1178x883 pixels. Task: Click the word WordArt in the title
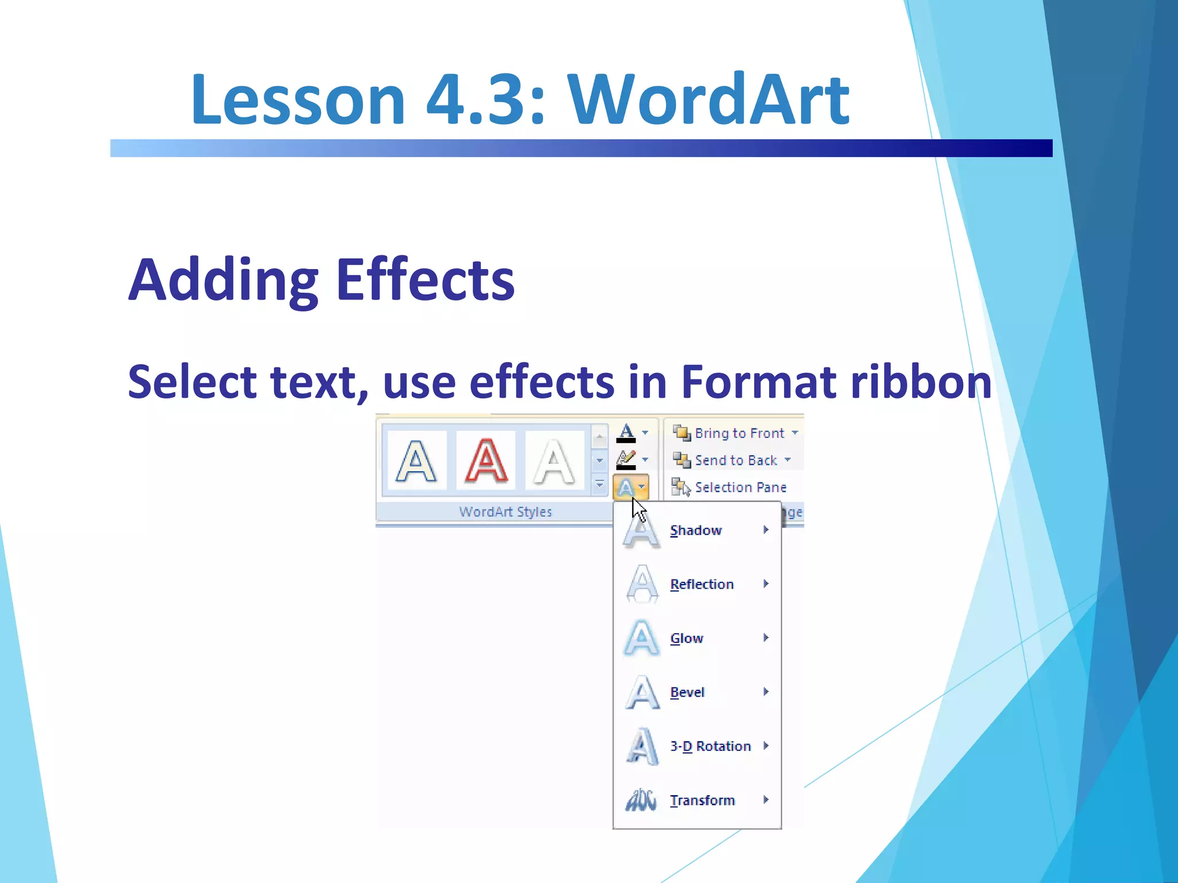tap(708, 100)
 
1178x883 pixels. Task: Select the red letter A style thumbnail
tap(486, 461)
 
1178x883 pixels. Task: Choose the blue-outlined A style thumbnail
tap(416, 461)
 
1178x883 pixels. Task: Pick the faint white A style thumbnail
tap(554, 461)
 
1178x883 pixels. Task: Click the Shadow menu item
tap(695, 531)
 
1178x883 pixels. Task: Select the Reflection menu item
tap(702, 585)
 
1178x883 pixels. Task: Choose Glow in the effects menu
tap(686, 639)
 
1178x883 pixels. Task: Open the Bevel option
tap(687, 693)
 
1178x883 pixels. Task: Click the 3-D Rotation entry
tap(710, 746)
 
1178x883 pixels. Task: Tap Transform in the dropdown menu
tap(702, 800)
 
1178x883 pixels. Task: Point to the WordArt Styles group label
tap(505, 512)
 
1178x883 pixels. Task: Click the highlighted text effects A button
tap(627, 488)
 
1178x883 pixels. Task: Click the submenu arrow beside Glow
tap(766, 638)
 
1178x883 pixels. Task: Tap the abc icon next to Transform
tap(641, 800)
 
